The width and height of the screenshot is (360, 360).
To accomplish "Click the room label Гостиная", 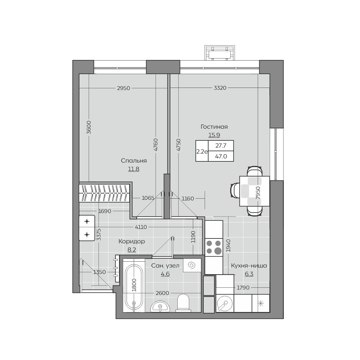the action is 214,127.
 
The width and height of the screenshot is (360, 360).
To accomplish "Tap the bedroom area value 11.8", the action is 133,169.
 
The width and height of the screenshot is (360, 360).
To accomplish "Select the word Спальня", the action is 133,161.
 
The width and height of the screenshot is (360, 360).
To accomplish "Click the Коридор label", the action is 131,241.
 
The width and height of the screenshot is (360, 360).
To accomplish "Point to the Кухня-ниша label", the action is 249,266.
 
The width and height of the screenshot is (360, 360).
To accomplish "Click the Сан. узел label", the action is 165,265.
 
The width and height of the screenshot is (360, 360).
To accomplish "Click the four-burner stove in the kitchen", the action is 214,247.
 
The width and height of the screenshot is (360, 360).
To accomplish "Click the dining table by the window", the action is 254,191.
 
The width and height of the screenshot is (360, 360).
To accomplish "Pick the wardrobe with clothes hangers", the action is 104,193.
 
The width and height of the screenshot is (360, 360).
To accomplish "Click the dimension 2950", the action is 124,88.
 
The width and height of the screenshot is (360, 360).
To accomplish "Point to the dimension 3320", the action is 220,88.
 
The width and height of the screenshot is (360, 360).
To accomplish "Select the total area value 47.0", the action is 221,156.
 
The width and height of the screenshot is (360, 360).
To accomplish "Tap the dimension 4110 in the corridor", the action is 141,227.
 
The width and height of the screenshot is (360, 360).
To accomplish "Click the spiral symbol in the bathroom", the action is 192,265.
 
